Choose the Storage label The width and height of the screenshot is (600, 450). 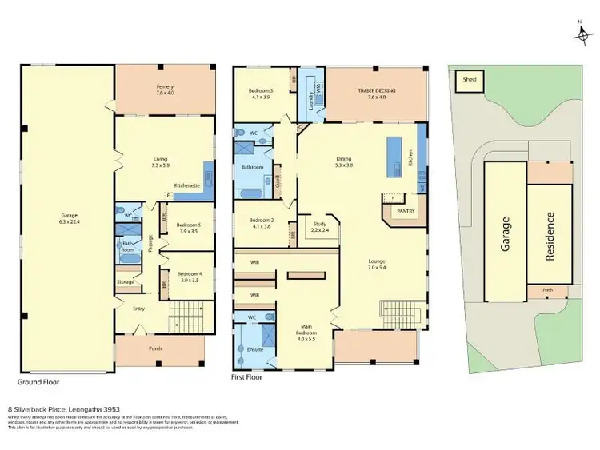[x=126, y=281]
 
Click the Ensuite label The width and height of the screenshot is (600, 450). [x=254, y=349]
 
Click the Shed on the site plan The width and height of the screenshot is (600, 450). [x=466, y=81]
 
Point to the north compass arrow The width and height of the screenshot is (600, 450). [x=581, y=32]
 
